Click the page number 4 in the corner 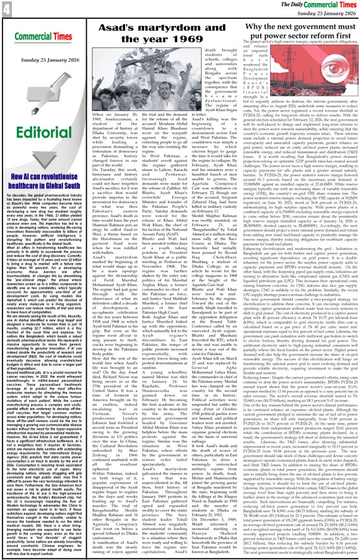point(5,7)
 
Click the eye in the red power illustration point(324,73)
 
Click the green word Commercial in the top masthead point(324,5)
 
